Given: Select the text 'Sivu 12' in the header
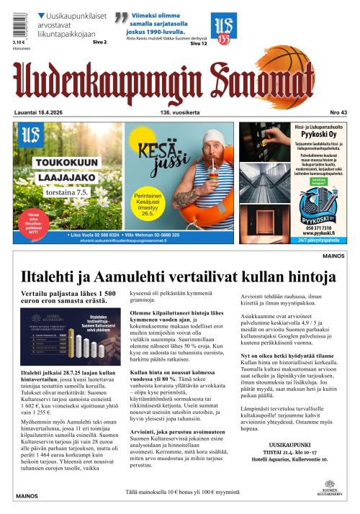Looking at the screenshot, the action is pos(199,44).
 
